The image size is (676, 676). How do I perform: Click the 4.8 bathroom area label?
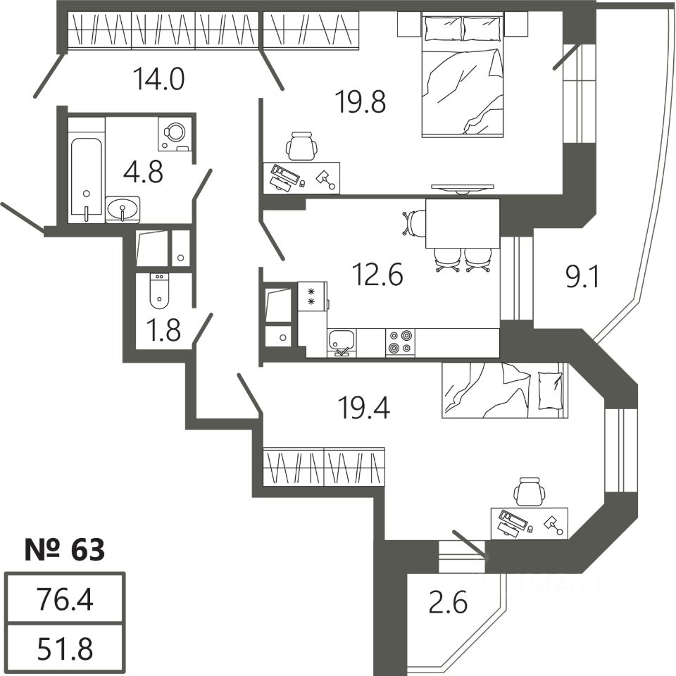pos(143,171)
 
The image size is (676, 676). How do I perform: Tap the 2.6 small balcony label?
pos(448,603)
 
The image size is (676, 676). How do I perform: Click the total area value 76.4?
pos(65,601)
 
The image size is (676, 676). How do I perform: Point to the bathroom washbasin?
pos(123,209)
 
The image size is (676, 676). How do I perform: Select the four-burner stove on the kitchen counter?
pos(401,342)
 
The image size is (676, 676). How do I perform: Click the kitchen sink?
pos(342,342)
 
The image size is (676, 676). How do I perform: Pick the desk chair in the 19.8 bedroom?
pos(301,147)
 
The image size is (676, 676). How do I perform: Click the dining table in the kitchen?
pos(462,223)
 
